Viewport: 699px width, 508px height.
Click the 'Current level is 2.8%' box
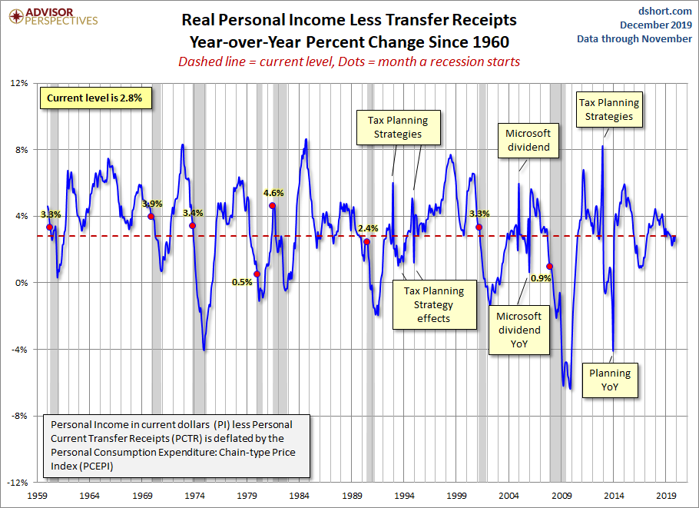[x=94, y=98]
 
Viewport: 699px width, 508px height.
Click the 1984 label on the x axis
[x=300, y=496]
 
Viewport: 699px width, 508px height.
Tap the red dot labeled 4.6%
[x=272, y=206]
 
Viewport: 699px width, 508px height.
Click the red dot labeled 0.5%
[x=257, y=274]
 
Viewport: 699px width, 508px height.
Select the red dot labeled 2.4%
[x=366, y=242]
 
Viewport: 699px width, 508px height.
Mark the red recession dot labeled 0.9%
[x=549, y=267]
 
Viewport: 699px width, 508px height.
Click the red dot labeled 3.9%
[x=151, y=217]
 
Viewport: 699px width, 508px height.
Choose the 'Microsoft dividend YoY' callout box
[x=518, y=330]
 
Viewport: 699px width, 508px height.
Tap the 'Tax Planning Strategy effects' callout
[x=434, y=304]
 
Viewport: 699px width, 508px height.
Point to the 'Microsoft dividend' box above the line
[x=528, y=140]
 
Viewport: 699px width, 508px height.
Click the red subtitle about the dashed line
[x=349, y=61]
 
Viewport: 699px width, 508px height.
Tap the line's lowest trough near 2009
[x=569, y=388]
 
